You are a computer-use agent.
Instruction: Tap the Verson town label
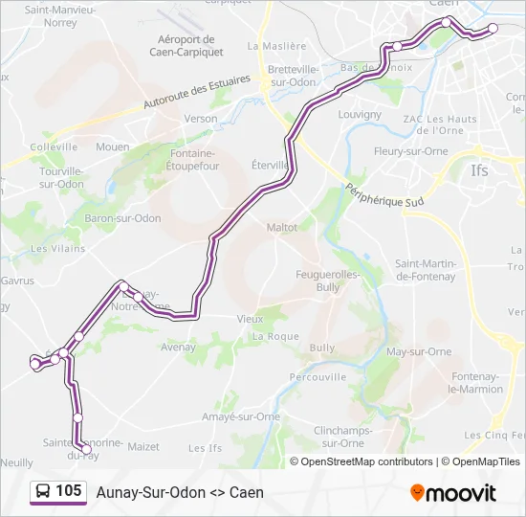click(201, 119)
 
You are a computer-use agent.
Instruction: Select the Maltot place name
click(282, 227)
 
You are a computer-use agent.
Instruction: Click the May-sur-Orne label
click(419, 351)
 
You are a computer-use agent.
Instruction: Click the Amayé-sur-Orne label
click(241, 416)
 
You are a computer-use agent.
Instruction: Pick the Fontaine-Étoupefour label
click(194, 159)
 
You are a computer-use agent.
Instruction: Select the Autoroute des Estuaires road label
click(196, 93)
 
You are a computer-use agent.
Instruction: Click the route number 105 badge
click(68, 491)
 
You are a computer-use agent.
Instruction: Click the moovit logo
click(453, 492)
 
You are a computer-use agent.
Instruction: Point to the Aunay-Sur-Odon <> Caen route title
click(180, 492)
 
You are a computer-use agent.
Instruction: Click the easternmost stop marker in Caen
click(493, 29)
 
